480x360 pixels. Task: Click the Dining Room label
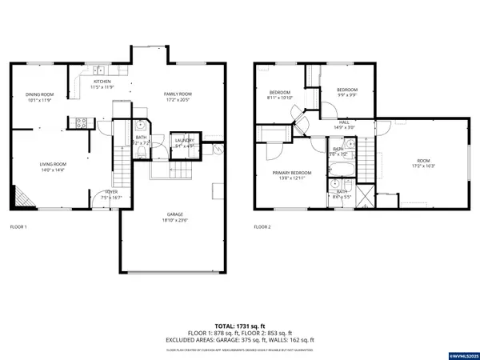[38, 94]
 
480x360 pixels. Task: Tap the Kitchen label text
[102, 81]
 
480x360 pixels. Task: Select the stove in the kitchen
[80, 122]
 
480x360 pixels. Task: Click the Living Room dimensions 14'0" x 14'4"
[52, 170]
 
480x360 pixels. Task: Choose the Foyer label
[111, 192]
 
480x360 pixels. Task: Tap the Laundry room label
[184, 141]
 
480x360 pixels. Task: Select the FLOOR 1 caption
[18, 227]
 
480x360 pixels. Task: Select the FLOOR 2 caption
[262, 227]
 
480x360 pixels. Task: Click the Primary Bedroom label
[290, 173]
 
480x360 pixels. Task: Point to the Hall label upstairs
[344, 122]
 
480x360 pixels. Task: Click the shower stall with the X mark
[364, 196]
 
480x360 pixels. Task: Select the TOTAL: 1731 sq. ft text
[239, 326]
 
